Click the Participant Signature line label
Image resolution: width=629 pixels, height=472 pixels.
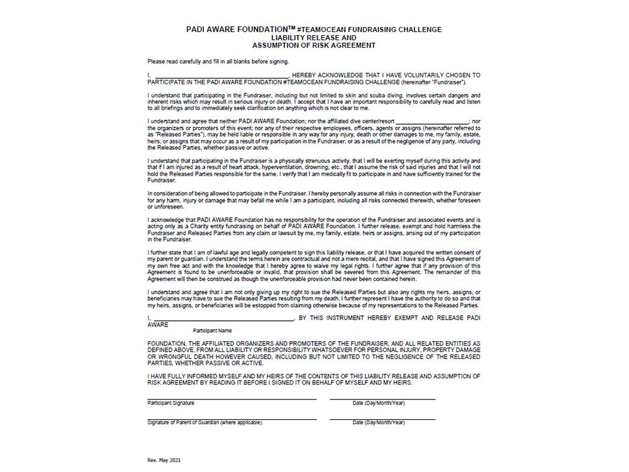coord(171,403)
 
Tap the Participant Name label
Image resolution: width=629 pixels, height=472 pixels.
coord(213,330)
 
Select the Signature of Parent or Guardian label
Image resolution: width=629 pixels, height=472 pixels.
coord(204,422)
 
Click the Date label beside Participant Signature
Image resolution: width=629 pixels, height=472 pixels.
coord(379,403)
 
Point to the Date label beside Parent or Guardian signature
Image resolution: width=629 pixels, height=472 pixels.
coord(379,422)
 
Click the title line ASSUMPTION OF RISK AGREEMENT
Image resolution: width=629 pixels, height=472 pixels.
coord(314,45)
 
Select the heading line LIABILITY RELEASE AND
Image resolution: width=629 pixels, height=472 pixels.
coord(314,38)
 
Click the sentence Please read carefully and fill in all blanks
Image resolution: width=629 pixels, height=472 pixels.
coord(218,61)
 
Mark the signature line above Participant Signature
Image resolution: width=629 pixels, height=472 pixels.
coord(232,399)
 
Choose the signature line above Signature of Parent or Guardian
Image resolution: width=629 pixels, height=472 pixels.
coord(232,419)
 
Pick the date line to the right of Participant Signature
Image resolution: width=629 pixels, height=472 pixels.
coord(382,399)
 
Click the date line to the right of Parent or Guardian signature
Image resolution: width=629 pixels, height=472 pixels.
coord(382,419)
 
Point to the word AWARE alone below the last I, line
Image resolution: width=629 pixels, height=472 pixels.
coord(158,325)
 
